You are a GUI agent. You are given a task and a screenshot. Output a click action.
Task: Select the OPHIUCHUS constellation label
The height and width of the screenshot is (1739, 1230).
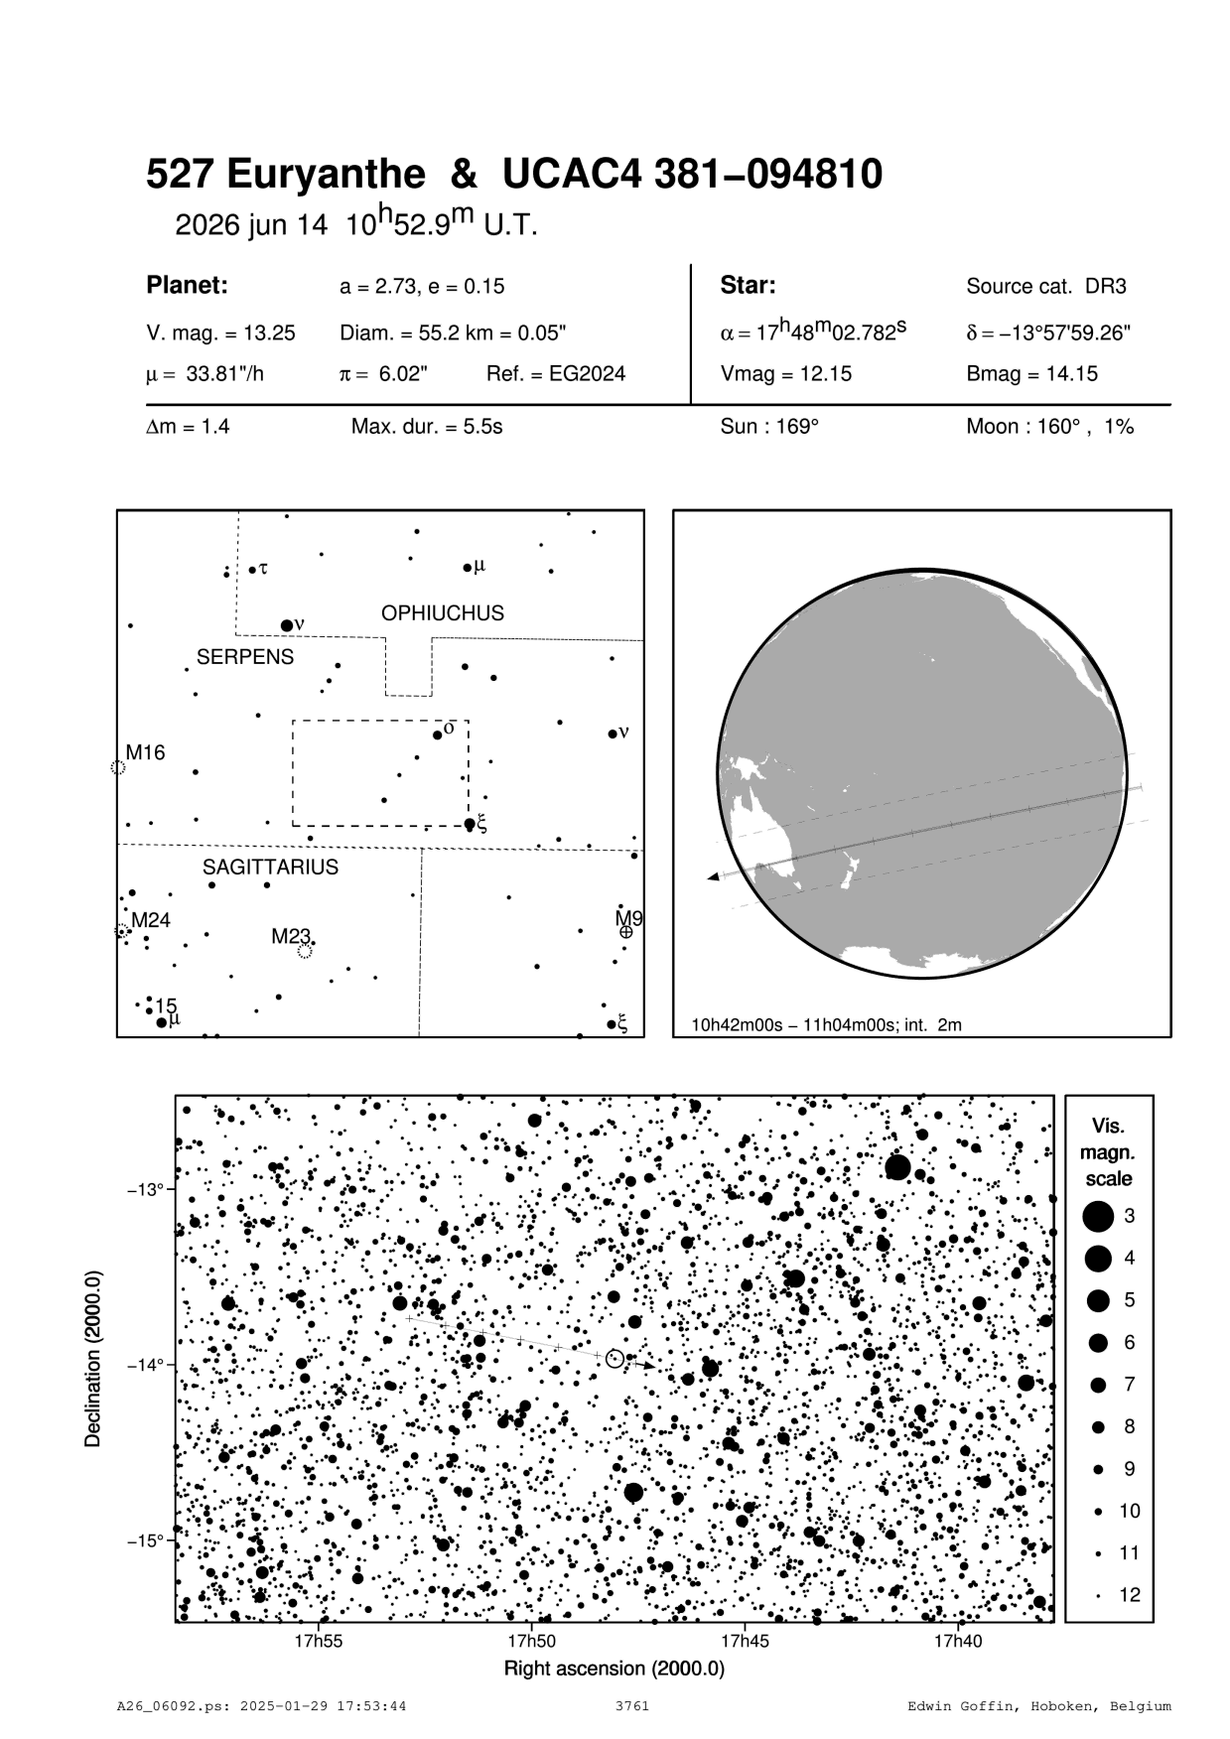pos(442,613)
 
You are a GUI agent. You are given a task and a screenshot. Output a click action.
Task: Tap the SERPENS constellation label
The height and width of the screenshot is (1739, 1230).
pos(245,657)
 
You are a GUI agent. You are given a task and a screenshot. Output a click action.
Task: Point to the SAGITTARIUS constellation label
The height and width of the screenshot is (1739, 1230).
pos(270,868)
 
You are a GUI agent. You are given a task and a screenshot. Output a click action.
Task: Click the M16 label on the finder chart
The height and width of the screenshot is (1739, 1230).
pos(146,753)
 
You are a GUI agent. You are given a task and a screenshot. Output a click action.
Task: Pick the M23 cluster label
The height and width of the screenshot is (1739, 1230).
pos(292,936)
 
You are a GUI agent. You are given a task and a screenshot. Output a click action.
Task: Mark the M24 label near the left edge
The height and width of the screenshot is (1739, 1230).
pos(151,921)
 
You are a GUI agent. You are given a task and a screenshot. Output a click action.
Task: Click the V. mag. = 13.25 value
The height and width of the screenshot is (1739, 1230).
pos(220,334)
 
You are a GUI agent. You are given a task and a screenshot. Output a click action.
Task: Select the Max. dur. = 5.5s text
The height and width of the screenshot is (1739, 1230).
pos(427,428)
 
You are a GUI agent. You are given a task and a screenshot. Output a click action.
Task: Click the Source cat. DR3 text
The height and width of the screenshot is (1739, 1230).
pos(1046,287)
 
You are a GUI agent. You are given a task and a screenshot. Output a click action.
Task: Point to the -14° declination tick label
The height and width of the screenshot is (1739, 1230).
pos(145,1366)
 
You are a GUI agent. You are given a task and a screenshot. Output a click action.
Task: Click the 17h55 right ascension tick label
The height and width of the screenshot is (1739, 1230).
pos(319,1642)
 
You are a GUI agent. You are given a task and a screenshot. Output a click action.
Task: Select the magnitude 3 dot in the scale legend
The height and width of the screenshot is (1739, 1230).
pos(1098,1216)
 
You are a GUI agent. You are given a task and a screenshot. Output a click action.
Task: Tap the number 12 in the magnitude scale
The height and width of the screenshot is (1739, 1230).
pos(1130,1596)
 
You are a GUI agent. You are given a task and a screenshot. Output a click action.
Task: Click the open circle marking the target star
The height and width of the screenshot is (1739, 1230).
pos(615,1358)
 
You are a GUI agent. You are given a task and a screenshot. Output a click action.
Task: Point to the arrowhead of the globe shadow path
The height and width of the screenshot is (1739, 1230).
pos(713,877)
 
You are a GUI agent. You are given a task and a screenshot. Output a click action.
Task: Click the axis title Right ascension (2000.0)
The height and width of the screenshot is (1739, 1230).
pos(615,1669)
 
